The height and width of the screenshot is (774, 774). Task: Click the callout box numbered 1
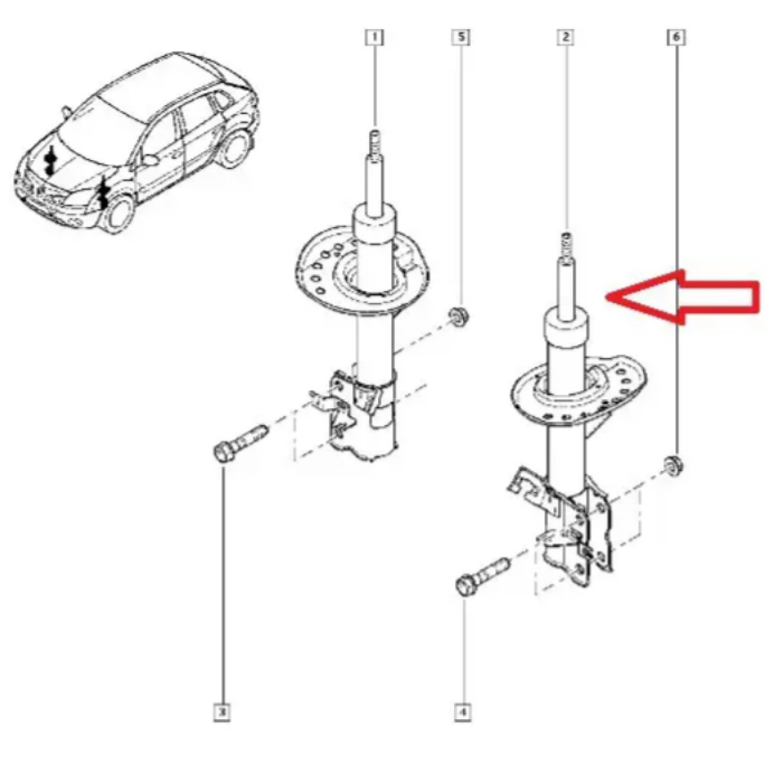[374, 38]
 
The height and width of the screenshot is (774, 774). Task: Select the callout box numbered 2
[566, 37]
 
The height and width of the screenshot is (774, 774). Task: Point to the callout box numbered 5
[461, 37]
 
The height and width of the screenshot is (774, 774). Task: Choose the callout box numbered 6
[677, 37]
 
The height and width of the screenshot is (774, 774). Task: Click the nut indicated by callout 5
[459, 315]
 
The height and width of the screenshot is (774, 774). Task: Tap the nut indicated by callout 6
[674, 466]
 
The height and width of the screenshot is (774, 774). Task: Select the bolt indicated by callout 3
[239, 443]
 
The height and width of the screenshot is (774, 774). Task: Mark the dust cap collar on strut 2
[566, 328]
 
